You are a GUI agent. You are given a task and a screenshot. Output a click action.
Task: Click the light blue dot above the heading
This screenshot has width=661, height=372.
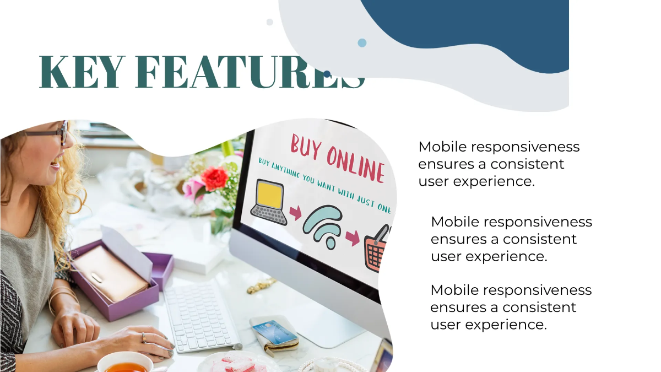click(x=362, y=42)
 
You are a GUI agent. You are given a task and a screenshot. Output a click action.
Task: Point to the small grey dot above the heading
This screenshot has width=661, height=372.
click(x=269, y=22)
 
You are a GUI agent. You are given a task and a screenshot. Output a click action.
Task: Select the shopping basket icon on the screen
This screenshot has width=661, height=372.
click(x=377, y=251)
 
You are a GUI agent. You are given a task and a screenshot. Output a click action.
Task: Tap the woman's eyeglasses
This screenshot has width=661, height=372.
click(x=52, y=133)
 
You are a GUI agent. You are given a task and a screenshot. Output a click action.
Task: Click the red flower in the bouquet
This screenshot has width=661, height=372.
click(x=214, y=178)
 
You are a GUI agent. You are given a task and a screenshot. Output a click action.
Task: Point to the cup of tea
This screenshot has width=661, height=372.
click(x=125, y=364)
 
